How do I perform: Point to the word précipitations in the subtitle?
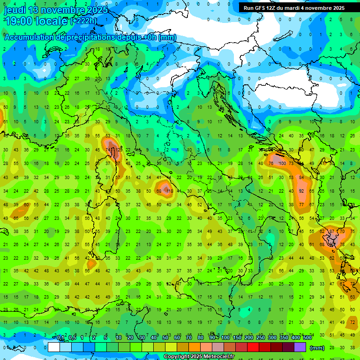coord(92,37)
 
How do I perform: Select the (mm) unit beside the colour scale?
coord(317,348)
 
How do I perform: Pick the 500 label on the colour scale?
coord(307,338)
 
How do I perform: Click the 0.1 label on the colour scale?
coord(60,338)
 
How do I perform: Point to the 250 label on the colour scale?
coord(260,338)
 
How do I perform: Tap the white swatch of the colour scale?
coord(54,347)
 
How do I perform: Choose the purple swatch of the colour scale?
coord(300,347)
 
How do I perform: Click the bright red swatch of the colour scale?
coord(253,347)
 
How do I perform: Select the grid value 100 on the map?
coord(282,163)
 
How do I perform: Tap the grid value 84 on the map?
coord(302,177)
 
